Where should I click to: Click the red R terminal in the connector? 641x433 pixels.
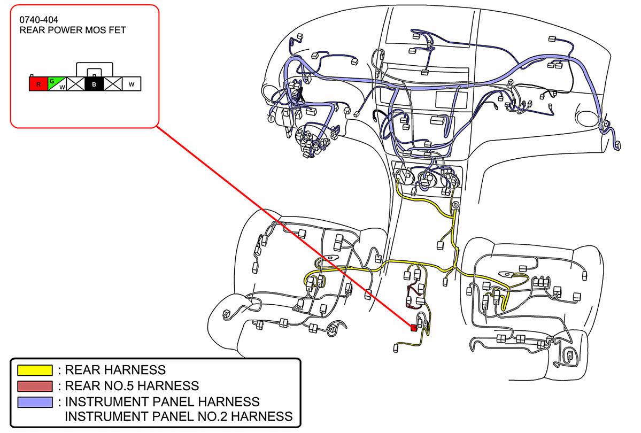[x=38, y=84]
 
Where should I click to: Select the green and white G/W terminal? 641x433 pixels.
[x=57, y=84]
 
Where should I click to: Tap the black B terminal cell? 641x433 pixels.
[x=94, y=84]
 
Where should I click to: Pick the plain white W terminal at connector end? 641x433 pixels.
[x=132, y=84]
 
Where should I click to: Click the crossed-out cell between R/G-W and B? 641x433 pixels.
[x=75, y=84]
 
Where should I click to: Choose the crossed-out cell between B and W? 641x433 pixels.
[x=113, y=84]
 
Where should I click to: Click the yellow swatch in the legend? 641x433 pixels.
[x=35, y=370]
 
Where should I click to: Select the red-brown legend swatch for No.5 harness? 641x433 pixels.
[x=35, y=386]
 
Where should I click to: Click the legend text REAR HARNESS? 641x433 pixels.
[x=115, y=370]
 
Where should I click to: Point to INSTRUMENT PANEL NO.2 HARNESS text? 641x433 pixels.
[x=179, y=416]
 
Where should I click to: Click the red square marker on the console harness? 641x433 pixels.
[x=413, y=328]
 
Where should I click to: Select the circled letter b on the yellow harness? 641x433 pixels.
[x=456, y=205]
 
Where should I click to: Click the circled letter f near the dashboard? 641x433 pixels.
[x=272, y=119]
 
